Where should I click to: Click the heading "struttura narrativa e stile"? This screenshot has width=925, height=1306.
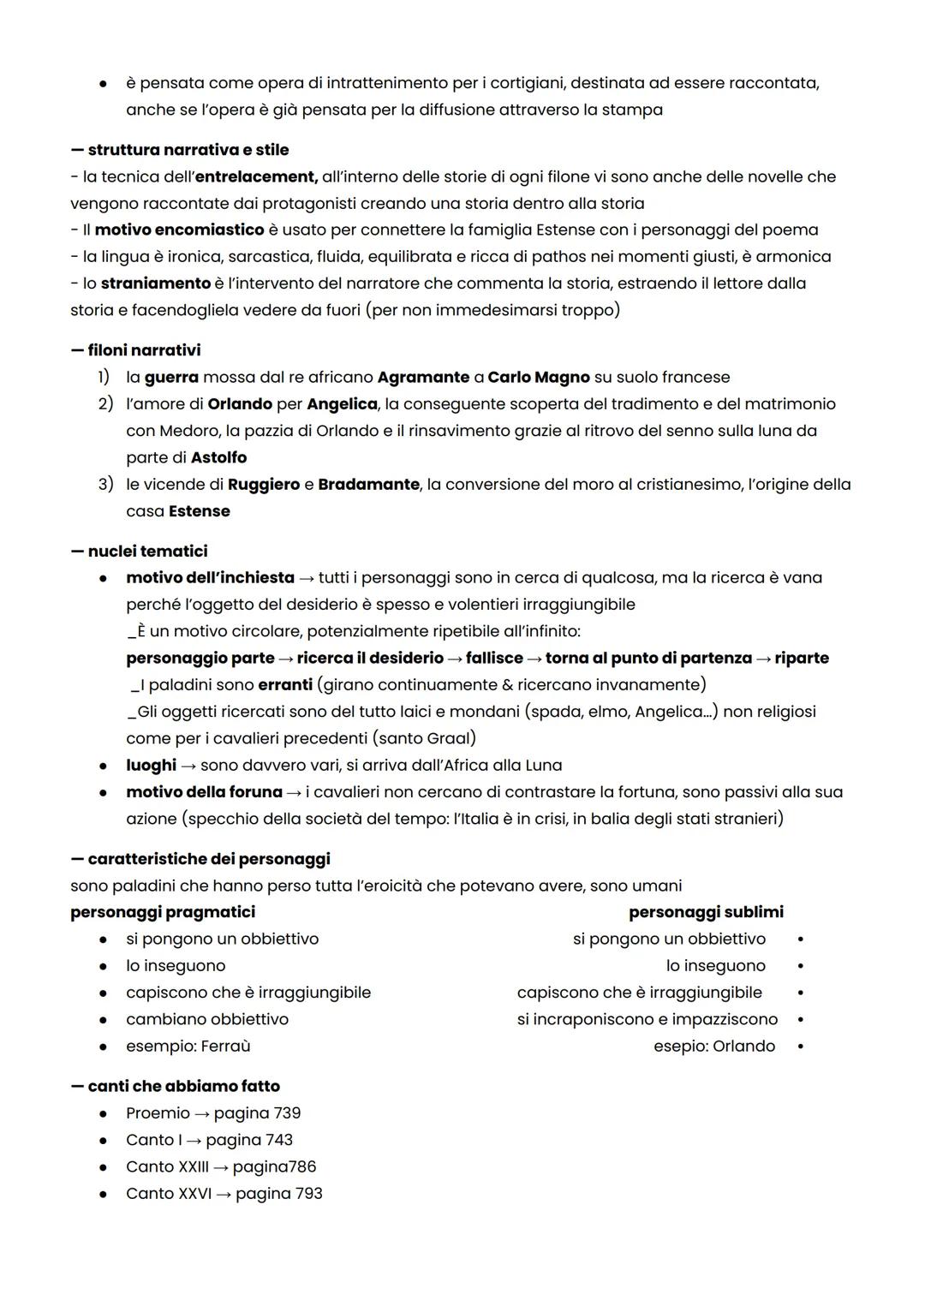pyautogui.click(x=188, y=150)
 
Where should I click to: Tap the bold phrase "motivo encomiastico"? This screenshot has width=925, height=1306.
pyautogui.click(x=179, y=230)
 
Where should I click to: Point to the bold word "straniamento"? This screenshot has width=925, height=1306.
pyautogui.click(x=155, y=283)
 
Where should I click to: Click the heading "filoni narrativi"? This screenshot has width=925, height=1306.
pyautogui.click(x=144, y=350)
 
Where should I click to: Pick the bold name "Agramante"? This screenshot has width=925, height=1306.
pyautogui.click(x=423, y=377)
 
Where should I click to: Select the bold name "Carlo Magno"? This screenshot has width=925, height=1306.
pyautogui.click(x=539, y=377)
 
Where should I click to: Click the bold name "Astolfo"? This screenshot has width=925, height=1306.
pyautogui.click(x=218, y=457)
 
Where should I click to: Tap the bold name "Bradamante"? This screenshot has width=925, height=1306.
pyautogui.click(x=368, y=484)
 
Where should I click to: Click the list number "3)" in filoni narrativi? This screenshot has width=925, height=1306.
pyautogui.click(x=104, y=484)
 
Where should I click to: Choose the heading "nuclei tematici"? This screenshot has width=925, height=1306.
pyautogui.click(x=147, y=551)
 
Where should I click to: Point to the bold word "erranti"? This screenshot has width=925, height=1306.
pyautogui.click(x=285, y=684)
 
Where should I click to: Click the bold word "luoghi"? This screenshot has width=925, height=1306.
pyautogui.click(x=151, y=765)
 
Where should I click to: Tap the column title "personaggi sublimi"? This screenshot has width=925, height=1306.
pyautogui.click(x=706, y=912)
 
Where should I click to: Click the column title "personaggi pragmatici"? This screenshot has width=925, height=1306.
pyautogui.click(x=163, y=912)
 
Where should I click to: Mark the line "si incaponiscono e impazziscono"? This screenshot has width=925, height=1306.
pyautogui.click(x=647, y=1019)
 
